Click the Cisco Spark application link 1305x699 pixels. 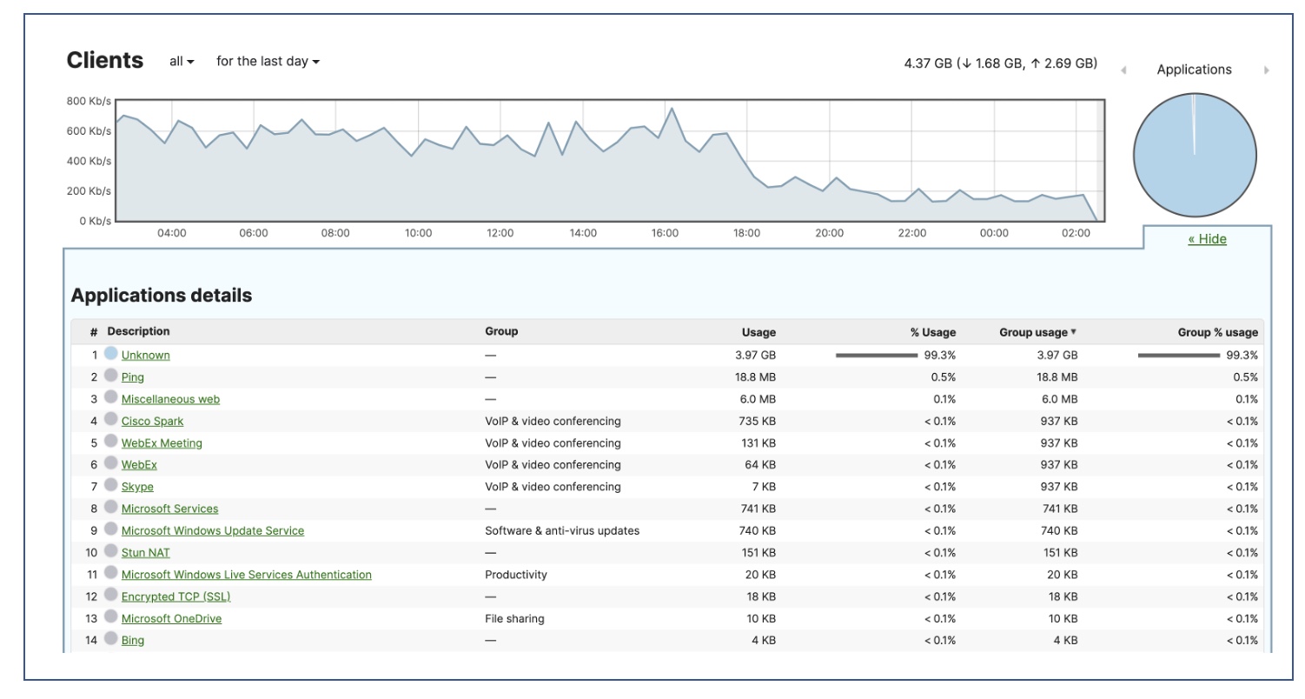pos(152,421)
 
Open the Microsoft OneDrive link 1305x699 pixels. pos(171,618)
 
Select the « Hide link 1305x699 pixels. pos(1207,239)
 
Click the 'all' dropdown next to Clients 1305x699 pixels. pos(182,62)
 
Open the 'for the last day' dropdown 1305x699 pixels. pos(268,62)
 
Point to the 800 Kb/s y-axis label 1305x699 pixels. pos(89,101)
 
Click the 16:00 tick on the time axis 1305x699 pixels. pos(665,233)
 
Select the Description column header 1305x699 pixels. pos(138,331)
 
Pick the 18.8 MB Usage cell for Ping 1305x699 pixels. pos(755,377)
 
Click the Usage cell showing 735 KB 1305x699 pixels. pos(755,421)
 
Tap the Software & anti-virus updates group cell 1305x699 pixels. pos(561,530)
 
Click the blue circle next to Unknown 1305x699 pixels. pos(110,354)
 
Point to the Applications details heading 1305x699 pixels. pos(161,296)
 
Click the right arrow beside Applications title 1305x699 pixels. pos(1266,70)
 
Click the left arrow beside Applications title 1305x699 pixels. pos(1123,70)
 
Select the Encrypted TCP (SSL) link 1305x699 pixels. pos(176,596)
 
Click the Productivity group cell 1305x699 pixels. pos(515,575)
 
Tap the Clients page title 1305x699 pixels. pos(104,61)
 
